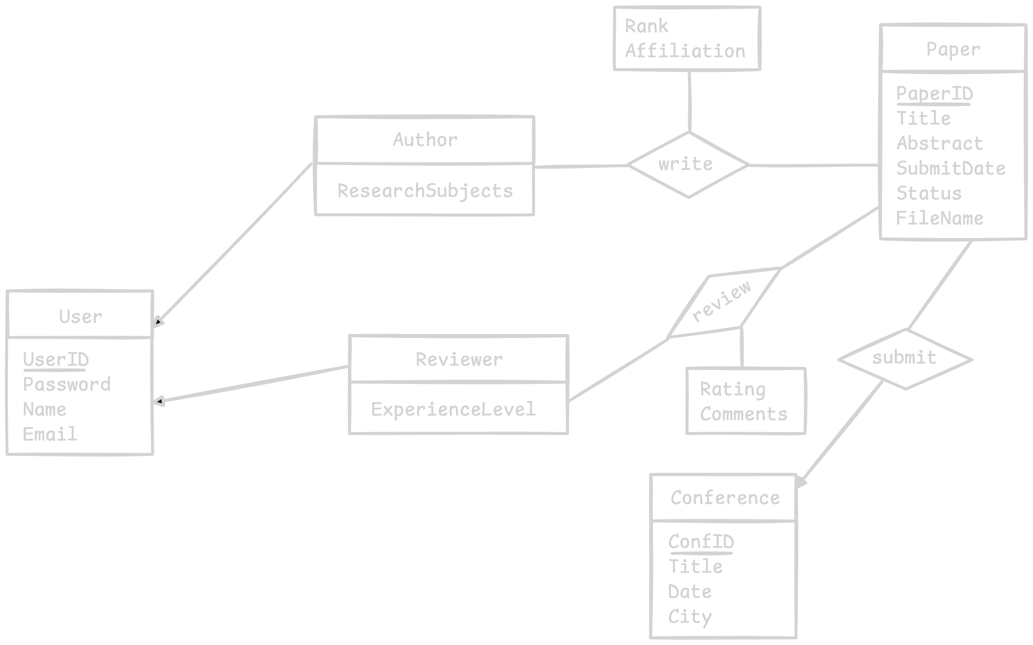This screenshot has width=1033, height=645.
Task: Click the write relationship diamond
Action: [688, 165]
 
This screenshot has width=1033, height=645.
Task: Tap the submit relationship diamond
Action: [905, 358]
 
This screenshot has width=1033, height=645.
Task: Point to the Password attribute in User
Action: [67, 384]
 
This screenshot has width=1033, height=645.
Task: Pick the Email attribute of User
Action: [50, 434]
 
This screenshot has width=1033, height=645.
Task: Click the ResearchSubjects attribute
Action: [425, 191]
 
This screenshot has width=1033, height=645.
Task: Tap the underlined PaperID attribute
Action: [934, 93]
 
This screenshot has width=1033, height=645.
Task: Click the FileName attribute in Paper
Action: [939, 218]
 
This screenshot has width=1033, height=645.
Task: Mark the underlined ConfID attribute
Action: [701, 542]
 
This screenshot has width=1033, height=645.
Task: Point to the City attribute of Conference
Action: [690, 616]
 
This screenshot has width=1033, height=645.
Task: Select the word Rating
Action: [733, 389]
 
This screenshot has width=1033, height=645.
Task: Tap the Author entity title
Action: [425, 140]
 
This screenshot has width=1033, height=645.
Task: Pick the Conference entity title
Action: [725, 498]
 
